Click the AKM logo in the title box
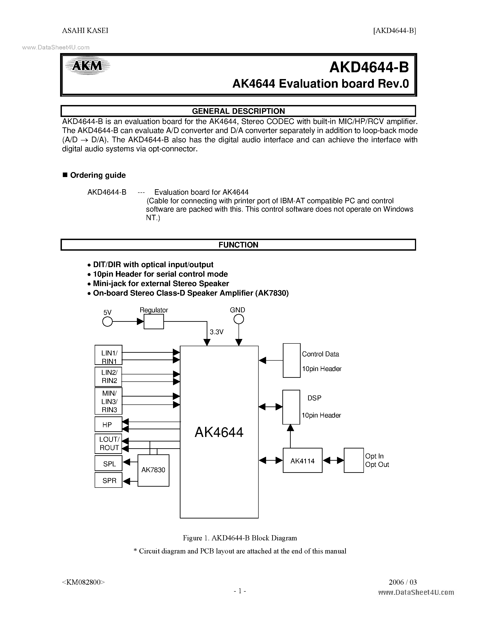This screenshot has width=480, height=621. pyautogui.click(x=87, y=66)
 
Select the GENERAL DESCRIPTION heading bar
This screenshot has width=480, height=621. pyautogui.click(x=238, y=111)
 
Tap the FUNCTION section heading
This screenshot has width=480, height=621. pyautogui.click(x=238, y=245)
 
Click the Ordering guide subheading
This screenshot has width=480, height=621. pyautogui.click(x=98, y=175)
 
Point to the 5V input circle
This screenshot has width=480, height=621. pyautogui.click(x=107, y=322)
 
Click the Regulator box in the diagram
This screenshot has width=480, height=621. pyautogui.click(x=154, y=322)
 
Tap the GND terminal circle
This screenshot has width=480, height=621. pyautogui.click(x=239, y=320)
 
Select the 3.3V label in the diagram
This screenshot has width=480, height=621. pyautogui.click(x=216, y=332)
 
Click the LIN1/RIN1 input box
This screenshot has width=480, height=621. pyautogui.click(x=108, y=355)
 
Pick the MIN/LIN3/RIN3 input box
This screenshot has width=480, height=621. pyautogui.click(x=108, y=401)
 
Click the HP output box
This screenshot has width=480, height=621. pyautogui.click(x=108, y=425)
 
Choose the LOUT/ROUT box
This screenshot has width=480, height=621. pyautogui.click(x=108, y=444)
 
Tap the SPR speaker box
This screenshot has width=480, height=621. pyautogui.click(x=108, y=481)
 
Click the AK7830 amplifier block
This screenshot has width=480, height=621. pyautogui.click(x=153, y=470)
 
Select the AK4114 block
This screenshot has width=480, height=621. pyautogui.click(x=302, y=461)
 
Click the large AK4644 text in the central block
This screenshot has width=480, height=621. pyautogui.click(x=219, y=432)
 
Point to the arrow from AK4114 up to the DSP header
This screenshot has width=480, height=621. pyautogui.click(x=290, y=436)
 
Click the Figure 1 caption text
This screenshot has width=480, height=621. pyautogui.click(x=240, y=538)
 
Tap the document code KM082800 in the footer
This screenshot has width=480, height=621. pyautogui.click(x=83, y=582)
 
